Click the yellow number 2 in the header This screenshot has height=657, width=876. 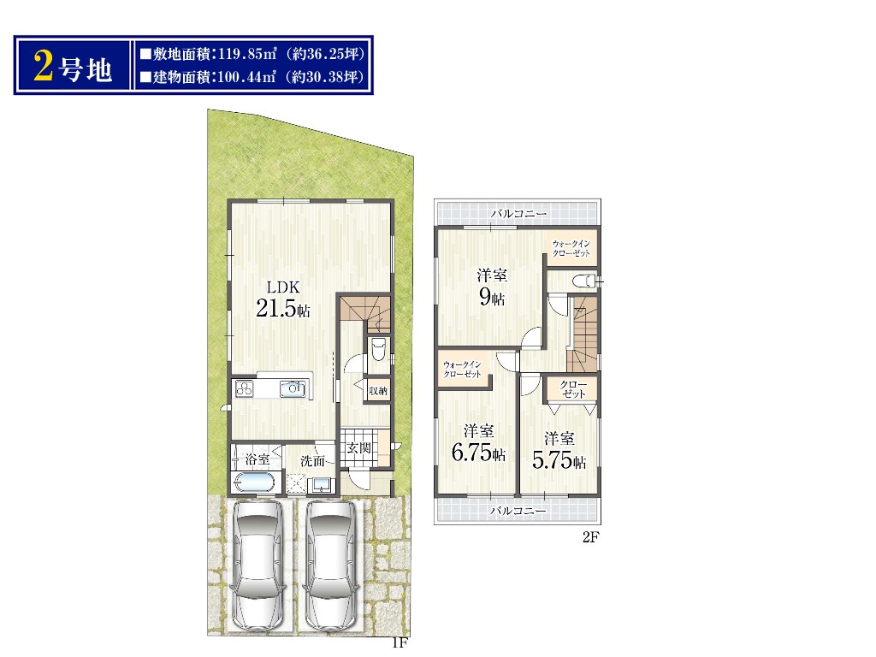point(44,66)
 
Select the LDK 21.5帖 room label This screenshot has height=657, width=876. point(283,299)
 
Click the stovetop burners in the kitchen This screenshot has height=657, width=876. point(244,389)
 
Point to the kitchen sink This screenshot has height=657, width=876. point(293,389)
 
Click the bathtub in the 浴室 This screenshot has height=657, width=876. point(254,482)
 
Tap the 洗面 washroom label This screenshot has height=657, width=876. point(312,461)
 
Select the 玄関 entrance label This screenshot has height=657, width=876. point(358,448)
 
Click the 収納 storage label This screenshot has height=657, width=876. point(378,390)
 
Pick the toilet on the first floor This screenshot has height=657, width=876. point(378,349)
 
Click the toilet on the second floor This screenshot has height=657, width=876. point(585,281)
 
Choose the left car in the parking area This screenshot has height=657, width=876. point(257,565)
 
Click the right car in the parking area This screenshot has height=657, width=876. point(329,565)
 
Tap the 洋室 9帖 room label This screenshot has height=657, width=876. point(492,287)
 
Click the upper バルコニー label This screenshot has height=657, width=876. point(518,213)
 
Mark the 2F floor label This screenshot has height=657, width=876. point(591,537)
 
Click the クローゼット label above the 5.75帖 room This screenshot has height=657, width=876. point(573,389)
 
